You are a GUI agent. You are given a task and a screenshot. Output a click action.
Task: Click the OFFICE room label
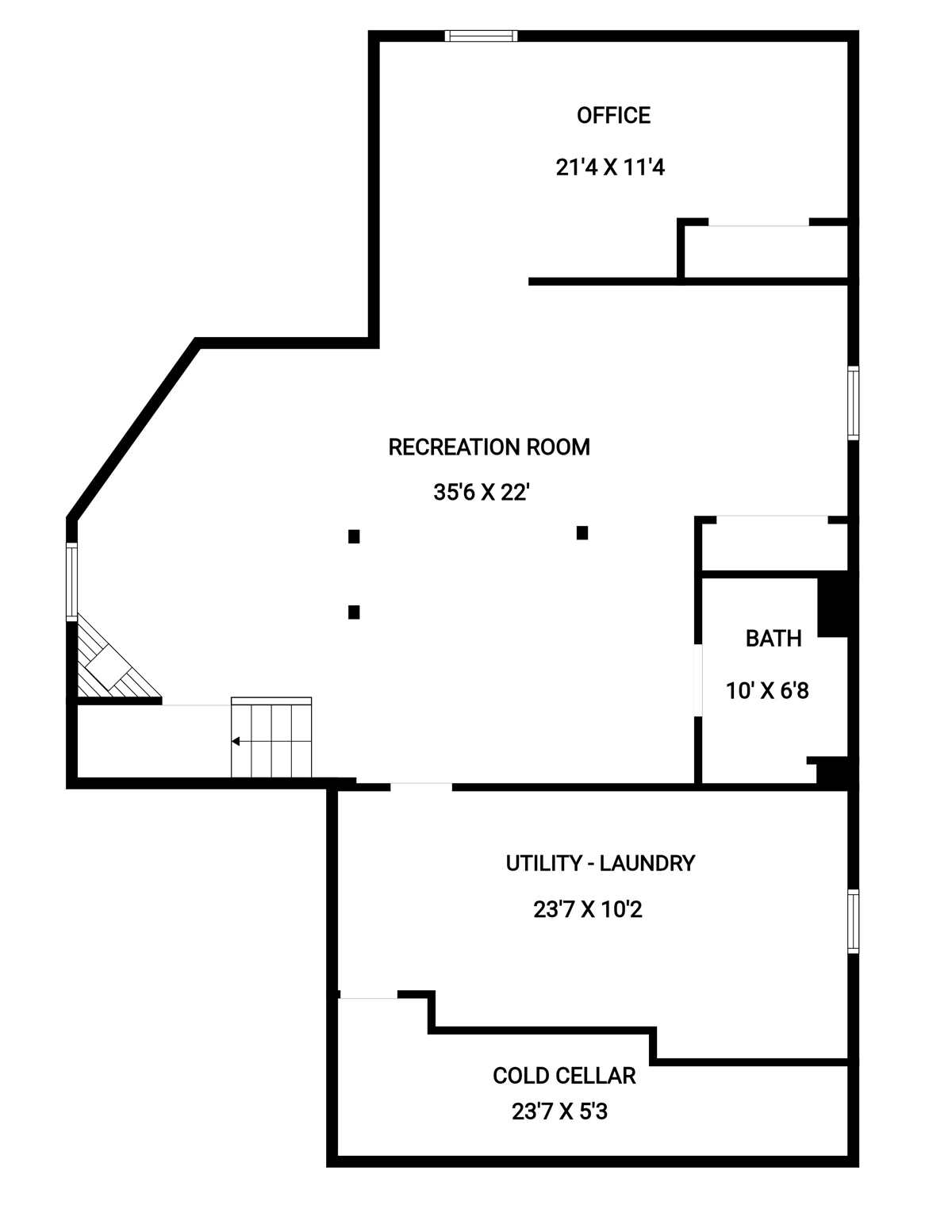point(613,115)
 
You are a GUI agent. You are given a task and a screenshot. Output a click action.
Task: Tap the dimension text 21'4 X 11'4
point(610,167)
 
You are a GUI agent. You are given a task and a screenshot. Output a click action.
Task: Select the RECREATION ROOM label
point(489,447)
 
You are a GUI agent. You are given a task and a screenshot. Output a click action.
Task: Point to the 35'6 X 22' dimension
point(482,493)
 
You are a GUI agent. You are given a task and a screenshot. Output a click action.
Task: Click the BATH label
point(773,639)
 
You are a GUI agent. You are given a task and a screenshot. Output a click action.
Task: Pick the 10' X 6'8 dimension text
point(767,691)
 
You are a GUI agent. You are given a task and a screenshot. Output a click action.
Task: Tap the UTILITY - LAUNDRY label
point(601,863)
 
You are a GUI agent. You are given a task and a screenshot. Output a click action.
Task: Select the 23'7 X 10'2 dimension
point(587,909)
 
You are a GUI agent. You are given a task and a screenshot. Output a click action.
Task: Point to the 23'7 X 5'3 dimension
point(559,1111)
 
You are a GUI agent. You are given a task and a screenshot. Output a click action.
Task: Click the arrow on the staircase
point(236,742)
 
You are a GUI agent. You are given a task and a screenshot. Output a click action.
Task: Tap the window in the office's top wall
point(481,36)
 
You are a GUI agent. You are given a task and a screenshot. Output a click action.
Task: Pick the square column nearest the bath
point(582,532)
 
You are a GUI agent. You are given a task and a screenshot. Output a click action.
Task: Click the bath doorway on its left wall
point(698,680)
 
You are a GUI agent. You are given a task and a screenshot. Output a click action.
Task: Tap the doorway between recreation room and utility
point(421,786)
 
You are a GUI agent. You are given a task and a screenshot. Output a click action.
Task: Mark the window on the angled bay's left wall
point(71,582)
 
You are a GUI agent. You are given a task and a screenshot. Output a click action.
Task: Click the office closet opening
point(758,223)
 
